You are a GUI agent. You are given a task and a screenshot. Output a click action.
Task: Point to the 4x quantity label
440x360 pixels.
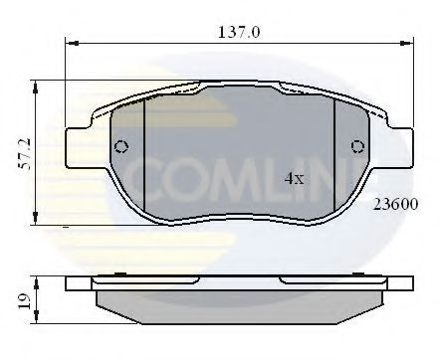click(295, 179)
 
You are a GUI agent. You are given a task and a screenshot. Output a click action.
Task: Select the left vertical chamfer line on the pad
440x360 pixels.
click(145, 159)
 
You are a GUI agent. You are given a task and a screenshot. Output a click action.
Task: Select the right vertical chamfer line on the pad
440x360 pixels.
click(333, 159)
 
